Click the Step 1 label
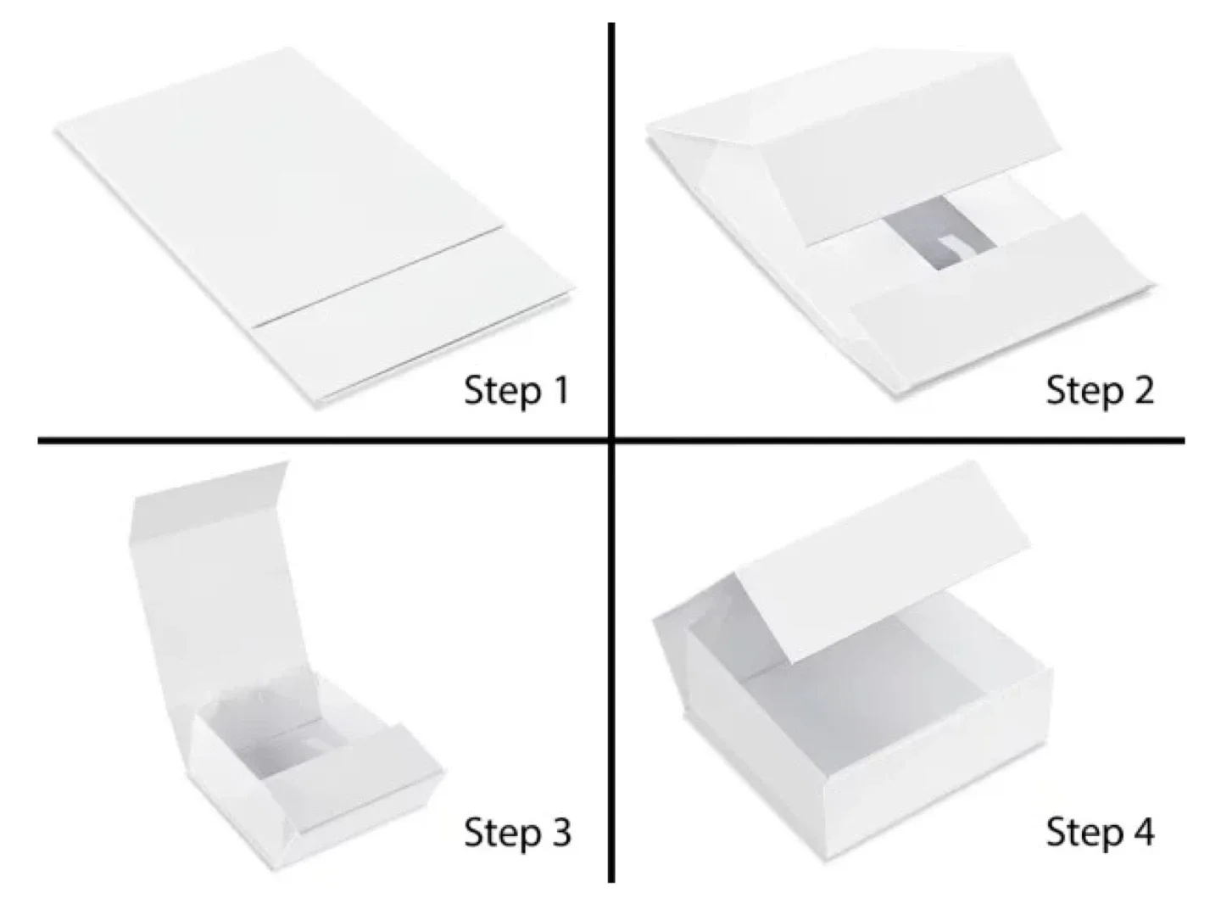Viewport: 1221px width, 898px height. [x=516, y=391]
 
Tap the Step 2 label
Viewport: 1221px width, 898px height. [x=1099, y=391]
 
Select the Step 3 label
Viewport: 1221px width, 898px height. [x=516, y=833]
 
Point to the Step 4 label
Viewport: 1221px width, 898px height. [x=1099, y=833]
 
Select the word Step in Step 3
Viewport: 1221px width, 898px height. [x=497, y=833]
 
